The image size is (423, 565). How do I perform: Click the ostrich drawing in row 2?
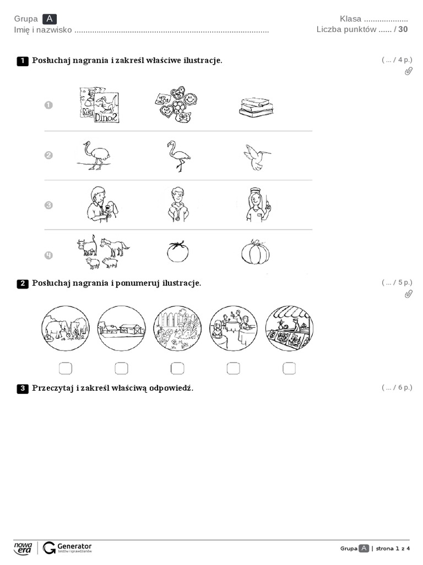93,155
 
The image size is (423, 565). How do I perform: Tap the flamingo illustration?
178,156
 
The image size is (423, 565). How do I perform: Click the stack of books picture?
256,106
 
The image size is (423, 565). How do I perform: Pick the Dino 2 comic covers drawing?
99,105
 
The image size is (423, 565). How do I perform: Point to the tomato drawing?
177,252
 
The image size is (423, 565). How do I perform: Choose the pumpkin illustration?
256,252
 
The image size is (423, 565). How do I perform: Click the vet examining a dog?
101,204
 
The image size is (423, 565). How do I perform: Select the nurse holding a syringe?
256,204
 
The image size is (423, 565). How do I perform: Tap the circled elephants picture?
65,329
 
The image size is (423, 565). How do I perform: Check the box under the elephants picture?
65,368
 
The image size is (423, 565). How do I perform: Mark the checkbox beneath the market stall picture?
289,368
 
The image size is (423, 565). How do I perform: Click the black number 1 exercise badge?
23,61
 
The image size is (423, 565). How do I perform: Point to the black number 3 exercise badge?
23,389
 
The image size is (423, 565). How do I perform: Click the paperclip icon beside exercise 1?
408,71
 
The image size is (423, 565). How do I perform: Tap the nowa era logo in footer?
23,547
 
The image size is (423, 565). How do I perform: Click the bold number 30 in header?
403,29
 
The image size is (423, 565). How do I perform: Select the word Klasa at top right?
350,19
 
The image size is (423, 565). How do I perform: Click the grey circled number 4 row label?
48,255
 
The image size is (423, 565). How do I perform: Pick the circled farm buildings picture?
121,329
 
